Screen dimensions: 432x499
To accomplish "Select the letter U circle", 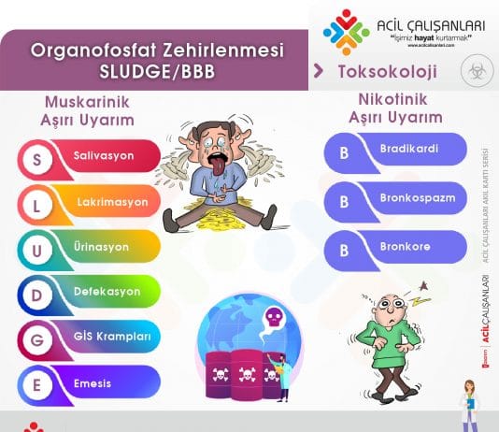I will (x=36, y=248).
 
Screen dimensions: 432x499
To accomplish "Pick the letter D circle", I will (x=36, y=293).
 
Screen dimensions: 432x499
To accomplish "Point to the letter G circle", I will (x=36, y=338).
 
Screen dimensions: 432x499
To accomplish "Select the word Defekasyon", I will (x=107, y=292).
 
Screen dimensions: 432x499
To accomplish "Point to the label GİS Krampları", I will (x=111, y=337).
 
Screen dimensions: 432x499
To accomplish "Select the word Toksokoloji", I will (x=375, y=70).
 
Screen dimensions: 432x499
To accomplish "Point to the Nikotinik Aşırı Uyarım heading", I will (x=394, y=108).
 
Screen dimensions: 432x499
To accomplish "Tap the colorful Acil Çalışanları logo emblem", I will (x=346, y=33).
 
